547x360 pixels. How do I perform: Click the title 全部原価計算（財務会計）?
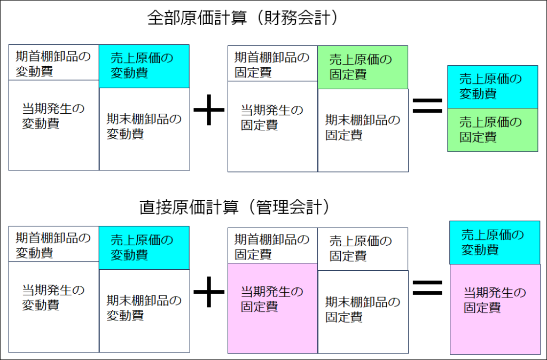(243, 18)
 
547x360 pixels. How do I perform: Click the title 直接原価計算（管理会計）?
(233, 206)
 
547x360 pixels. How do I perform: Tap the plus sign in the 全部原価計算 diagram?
(208, 113)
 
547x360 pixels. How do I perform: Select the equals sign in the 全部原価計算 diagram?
(427, 106)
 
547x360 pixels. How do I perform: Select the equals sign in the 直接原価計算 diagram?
(427, 288)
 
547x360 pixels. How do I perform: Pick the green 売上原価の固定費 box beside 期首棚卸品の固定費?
(363, 67)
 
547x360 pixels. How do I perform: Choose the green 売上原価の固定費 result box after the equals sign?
(492, 130)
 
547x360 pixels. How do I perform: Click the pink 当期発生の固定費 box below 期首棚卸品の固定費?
(272, 308)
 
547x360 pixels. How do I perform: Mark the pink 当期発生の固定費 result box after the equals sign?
(495, 309)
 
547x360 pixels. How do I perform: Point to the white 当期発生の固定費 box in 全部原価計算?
(272, 126)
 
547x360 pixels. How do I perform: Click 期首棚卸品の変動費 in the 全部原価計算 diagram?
(53, 64)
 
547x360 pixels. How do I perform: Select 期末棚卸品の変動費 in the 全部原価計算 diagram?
(144, 128)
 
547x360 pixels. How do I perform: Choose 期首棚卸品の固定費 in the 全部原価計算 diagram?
(272, 64)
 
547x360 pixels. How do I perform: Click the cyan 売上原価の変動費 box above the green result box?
(492, 87)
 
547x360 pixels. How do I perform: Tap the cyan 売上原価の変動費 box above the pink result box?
(495, 242)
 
